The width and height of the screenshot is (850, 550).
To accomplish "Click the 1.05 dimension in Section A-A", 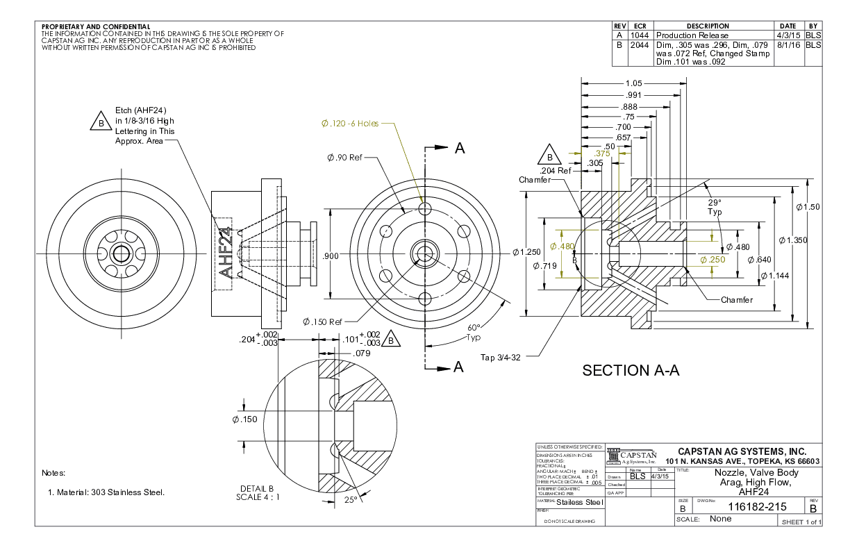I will coord(633,83).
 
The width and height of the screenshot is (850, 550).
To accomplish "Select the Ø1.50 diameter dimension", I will coord(808,207).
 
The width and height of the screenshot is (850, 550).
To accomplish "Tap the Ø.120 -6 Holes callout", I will coord(349,124).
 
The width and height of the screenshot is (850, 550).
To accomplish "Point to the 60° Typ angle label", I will coord(474,332).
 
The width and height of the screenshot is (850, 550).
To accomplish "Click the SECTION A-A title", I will coord(631,371).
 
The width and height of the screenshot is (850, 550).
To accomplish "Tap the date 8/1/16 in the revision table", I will coord(788,44).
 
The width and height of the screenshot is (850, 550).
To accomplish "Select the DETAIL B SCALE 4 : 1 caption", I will coord(258,492).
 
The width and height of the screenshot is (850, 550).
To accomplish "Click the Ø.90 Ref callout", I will coord(344,158).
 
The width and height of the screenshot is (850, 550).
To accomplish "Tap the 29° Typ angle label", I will coord(715,207).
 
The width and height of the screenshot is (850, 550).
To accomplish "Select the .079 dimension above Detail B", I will coord(362,353).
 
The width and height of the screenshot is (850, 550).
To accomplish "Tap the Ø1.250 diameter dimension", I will coord(526,251).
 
